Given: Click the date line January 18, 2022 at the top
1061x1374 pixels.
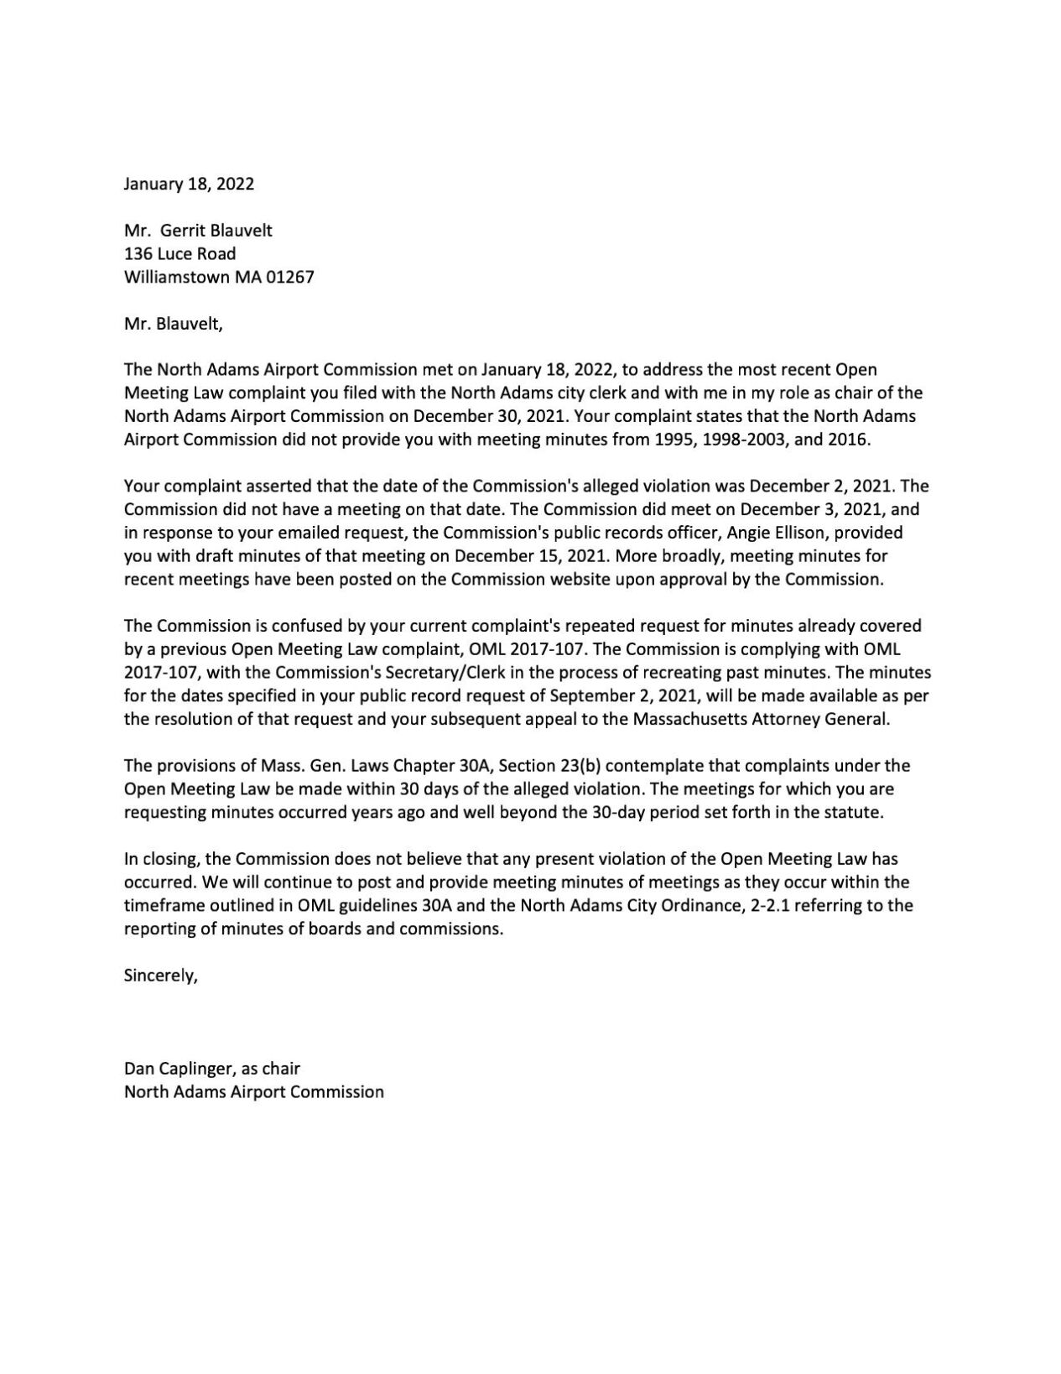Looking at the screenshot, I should [x=189, y=184].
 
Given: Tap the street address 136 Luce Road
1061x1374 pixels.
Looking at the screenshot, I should [x=179, y=253].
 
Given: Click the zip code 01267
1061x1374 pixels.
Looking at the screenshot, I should [x=289, y=277].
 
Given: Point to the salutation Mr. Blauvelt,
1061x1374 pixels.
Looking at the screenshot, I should [x=173, y=324].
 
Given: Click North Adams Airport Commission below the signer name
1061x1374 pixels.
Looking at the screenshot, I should [x=253, y=1092].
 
